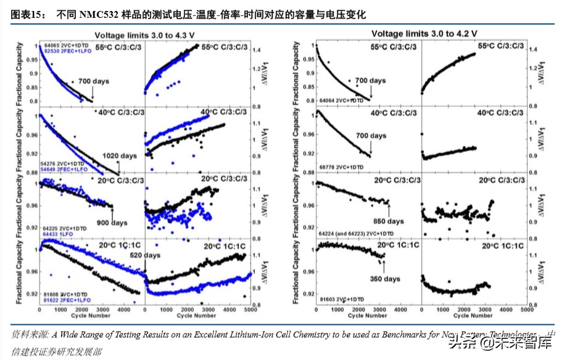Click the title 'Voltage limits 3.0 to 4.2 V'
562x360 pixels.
click(424, 32)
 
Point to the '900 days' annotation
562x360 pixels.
click(110, 223)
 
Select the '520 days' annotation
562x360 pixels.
click(144, 255)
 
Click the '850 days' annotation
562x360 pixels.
click(388, 221)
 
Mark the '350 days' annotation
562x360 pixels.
click(385, 279)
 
